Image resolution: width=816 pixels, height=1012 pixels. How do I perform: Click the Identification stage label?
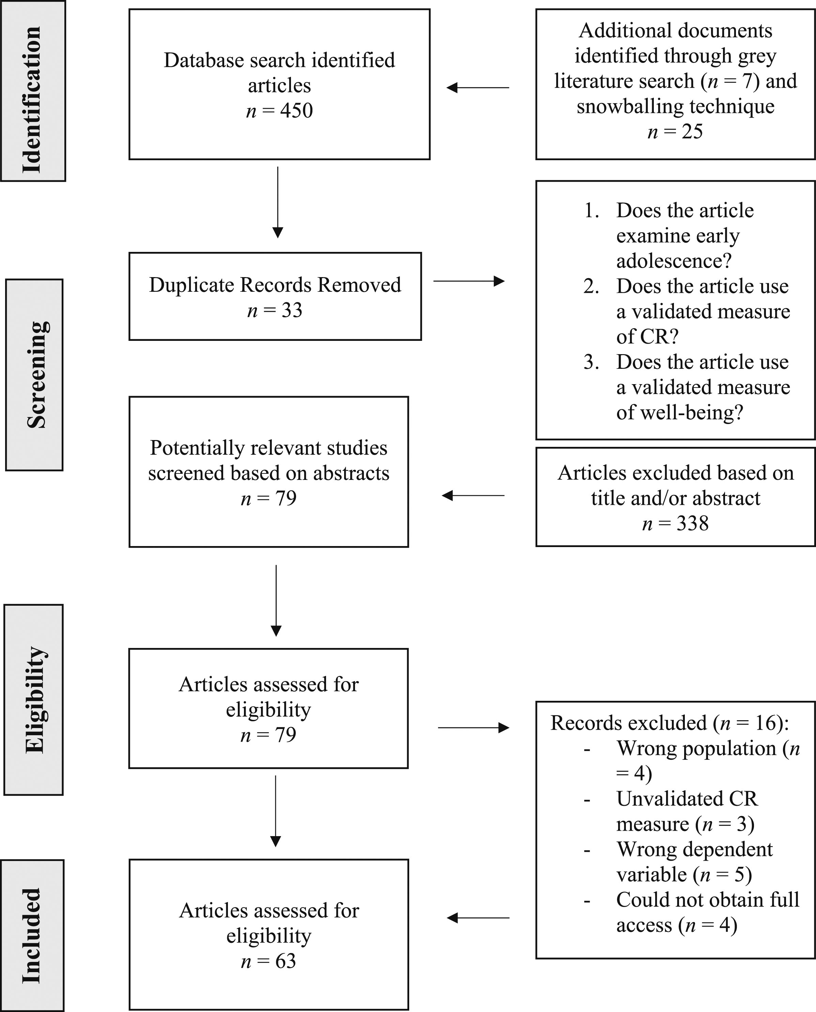pyautogui.click(x=32, y=100)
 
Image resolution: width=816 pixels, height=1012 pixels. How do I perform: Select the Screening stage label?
pyautogui.click(x=37, y=375)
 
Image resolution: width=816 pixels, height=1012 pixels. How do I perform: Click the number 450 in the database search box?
pyautogui.click(x=297, y=110)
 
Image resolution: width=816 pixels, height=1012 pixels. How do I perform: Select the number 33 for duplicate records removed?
pyautogui.click(x=292, y=311)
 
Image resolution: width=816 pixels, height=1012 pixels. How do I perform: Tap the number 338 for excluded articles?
pyautogui.click(x=692, y=524)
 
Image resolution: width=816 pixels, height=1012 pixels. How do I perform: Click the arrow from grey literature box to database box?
pyautogui.click(x=478, y=88)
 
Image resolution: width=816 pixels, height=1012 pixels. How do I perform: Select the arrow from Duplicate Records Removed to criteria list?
pyautogui.click(x=468, y=281)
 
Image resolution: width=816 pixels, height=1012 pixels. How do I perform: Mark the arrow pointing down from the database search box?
pyautogui.click(x=278, y=202)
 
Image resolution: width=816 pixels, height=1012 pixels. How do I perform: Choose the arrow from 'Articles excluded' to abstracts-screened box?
pyautogui.click(x=473, y=495)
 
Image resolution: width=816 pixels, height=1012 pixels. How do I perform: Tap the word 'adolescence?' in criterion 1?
pyautogui.click(x=674, y=261)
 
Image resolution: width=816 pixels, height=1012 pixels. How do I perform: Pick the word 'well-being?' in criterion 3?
pyautogui.click(x=680, y=413)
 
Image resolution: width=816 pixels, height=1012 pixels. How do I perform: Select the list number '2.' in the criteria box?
pyautogui.click(x=591, y=286)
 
